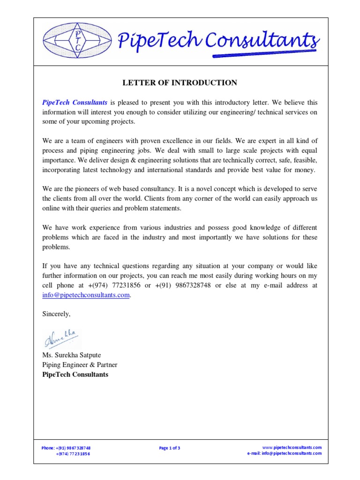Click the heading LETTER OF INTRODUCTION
(x=180, y=83)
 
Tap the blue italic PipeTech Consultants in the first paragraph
(x=75, y=102)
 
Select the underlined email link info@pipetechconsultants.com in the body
(x=86, y=295)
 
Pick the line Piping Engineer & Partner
(x=80, y=365)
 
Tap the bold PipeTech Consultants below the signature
(x=75, y=375)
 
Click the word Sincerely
(x=56, y=314)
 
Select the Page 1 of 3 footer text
(x=169, y=448)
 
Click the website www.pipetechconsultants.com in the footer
(x=292, y=448)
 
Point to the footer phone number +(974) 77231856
(x=73, y=454)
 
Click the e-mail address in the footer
(x=292, y=453)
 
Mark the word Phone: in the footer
(x=47, y=448)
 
